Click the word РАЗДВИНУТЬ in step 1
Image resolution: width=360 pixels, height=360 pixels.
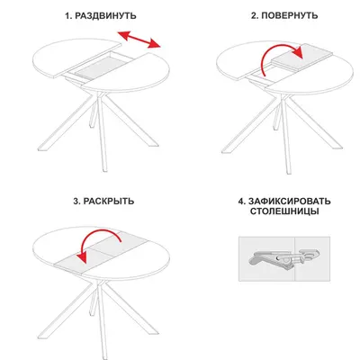click(x=105, y=15)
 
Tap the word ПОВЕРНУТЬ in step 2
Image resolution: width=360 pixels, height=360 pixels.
click(x=290, y=15)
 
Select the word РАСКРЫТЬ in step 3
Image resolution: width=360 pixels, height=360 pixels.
click(x=109, y=201)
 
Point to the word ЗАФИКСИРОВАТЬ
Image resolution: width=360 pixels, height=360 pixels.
click(x=290, y=201)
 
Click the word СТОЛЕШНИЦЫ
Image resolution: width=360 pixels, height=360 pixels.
click(x=284, y=211)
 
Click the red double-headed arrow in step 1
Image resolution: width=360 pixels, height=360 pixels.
click(x=139, y=39)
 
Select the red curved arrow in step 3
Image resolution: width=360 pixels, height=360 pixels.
click(x=99, y=232)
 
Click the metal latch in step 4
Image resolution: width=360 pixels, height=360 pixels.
click(x=283, y=258)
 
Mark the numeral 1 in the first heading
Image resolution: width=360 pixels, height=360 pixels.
click(x=67, y=15)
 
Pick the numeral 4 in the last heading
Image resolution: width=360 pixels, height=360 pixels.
click(x=241, y=201)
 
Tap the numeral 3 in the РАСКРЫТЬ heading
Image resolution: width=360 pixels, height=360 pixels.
click(x=76, y=201)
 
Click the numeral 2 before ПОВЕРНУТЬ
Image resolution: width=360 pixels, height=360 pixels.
click(x=254, y=15)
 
